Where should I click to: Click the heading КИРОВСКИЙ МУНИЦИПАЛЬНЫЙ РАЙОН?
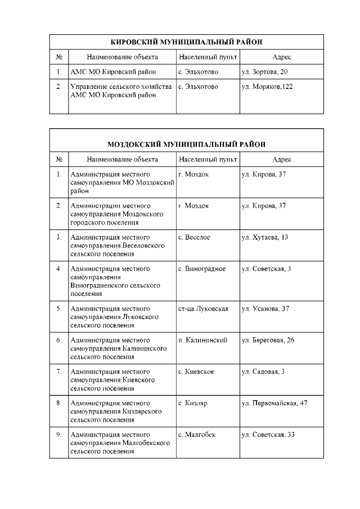pos(186,42)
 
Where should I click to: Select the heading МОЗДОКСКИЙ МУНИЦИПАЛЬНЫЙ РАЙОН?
pos(186,144)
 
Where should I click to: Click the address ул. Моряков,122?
pos(267,87)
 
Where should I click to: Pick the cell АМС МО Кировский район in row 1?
pos(113,72)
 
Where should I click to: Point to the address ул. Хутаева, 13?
pos(264,237)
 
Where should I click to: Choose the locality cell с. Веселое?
pos(194,237)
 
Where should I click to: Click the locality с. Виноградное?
pos(202,269)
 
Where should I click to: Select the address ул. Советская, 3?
pos(266,269)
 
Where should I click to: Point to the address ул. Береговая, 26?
pos(268,340)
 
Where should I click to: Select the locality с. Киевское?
pos(196,372)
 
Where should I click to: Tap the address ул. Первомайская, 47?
pos(274,403)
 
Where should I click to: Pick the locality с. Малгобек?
pos(196,435)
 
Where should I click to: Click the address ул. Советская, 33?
pos(268,435)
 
